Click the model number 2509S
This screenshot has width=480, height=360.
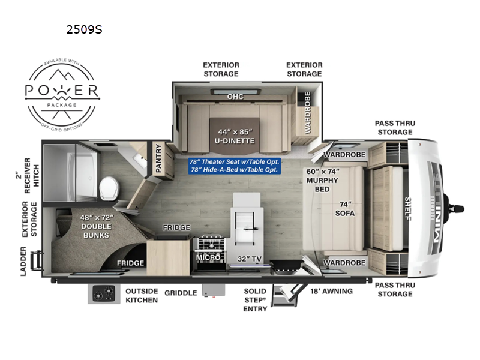click(x=85, y=28)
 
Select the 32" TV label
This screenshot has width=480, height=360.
click(x=247, y=259)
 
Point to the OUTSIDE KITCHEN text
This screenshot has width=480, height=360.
click(x=142, y=295)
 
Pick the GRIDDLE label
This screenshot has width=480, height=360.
click(x=181, y=293)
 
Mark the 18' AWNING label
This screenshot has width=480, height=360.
click(x=332, y=291)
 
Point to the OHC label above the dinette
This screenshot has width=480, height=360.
click(x=235, y=96)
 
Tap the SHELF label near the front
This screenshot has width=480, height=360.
click(x=407, y=209)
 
